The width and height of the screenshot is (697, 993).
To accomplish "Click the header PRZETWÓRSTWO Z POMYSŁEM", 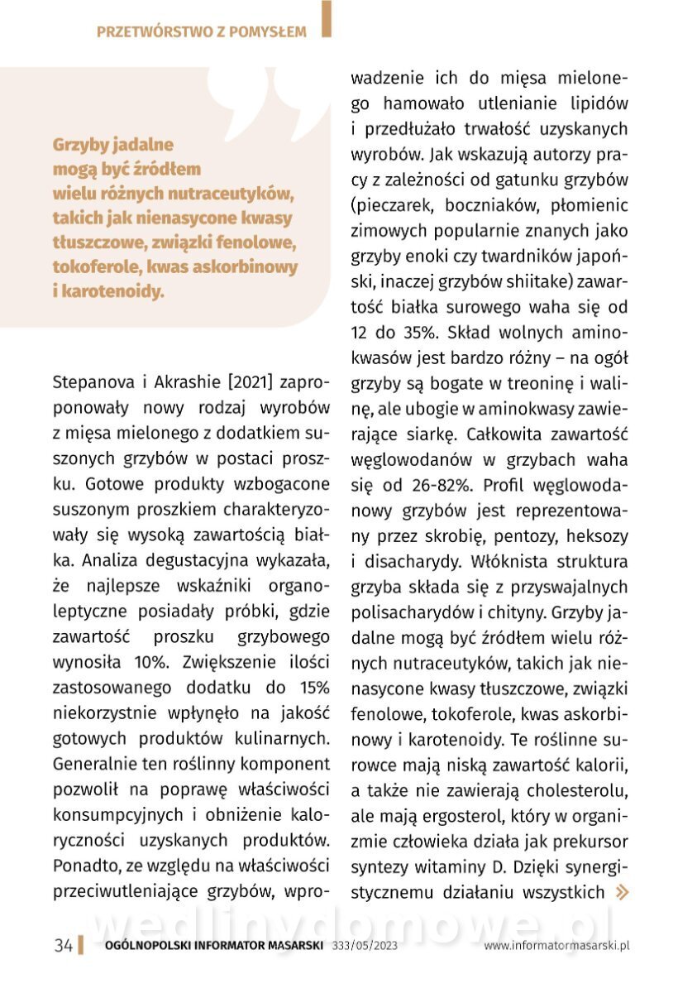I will tap(201, 32).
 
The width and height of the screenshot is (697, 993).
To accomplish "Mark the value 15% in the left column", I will tap(313, 688).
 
